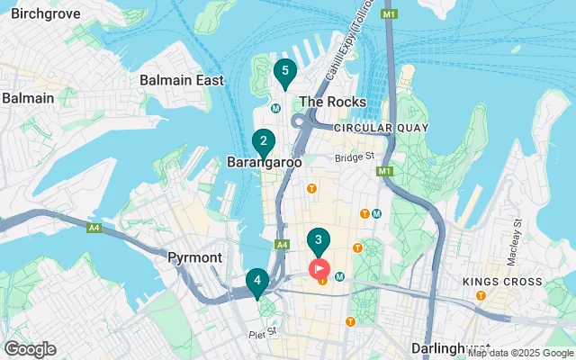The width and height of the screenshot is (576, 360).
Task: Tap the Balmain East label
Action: coord(182,80)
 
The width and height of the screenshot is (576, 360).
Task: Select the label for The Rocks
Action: coord(332,102)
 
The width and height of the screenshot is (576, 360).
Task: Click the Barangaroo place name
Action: coord(263,163)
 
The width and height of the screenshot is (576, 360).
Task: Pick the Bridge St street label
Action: coord(355,157)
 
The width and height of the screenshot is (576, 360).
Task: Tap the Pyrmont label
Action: coord(194,257)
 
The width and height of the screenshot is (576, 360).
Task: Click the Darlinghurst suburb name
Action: coord(447,347)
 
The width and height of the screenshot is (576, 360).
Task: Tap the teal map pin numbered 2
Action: coord(263,142)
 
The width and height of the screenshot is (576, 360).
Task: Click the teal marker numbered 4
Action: coord(257,282)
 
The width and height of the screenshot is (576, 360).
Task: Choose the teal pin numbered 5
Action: coord(285,72)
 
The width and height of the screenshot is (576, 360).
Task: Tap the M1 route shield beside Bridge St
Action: coord(385,171)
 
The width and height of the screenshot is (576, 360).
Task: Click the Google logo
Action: coord(30,349)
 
